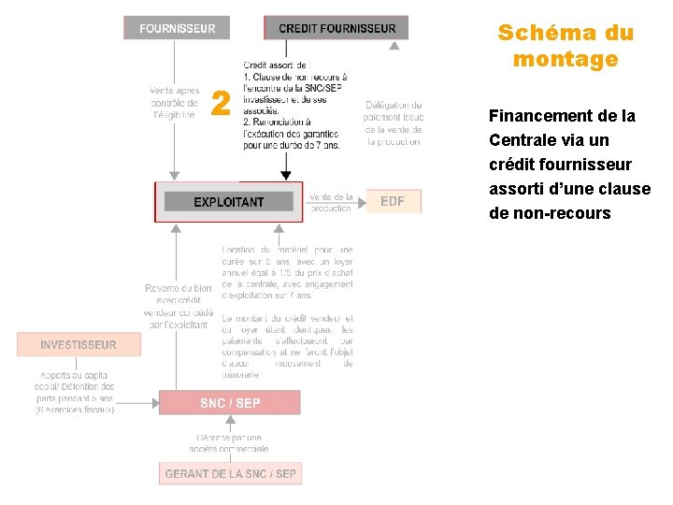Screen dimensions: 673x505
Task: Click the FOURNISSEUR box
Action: (177, 28)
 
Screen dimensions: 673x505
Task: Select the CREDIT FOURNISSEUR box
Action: (336, 28)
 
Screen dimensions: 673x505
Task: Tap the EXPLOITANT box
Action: (229, 202)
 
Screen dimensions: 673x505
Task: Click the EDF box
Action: (393, 201)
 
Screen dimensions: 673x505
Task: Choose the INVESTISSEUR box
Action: (79, 344)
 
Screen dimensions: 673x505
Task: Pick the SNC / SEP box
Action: (230, 403)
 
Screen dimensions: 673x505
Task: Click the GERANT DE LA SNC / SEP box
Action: (230, 473)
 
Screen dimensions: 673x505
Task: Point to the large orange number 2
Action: (221, 104)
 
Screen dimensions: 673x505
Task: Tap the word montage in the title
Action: (566, 60)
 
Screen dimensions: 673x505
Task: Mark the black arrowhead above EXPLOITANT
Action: (286, 175)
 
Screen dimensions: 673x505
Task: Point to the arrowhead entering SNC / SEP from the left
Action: (152, 402)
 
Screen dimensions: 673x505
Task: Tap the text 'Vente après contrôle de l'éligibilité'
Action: (174, 103)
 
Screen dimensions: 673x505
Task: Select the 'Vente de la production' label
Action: (331, 203)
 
